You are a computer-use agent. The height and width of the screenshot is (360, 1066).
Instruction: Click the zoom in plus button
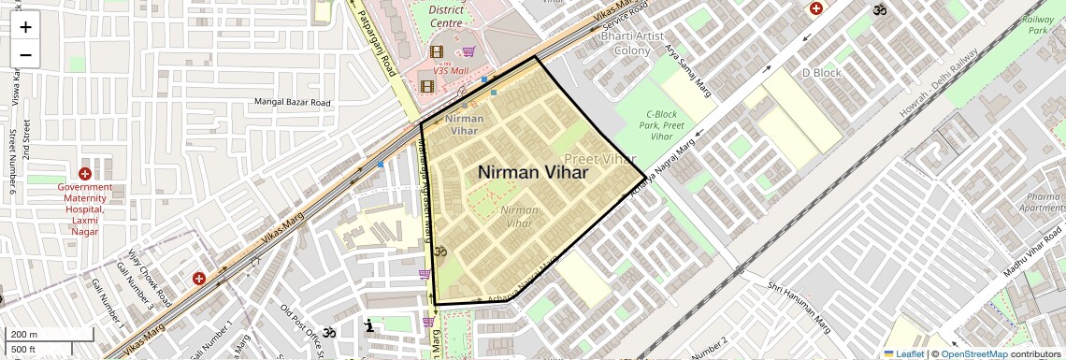[25, 27]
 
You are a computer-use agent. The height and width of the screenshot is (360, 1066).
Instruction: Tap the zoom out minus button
[25, 54]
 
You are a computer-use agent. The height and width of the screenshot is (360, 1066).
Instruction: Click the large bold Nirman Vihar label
[533, 172]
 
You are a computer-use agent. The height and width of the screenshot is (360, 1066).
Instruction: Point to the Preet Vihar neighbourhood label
[600, 159]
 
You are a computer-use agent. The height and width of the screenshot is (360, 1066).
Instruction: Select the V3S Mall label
[450, 70]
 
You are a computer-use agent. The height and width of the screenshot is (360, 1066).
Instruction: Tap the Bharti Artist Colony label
[639, 42]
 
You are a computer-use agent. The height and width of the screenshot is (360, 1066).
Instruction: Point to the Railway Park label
[1039, 24]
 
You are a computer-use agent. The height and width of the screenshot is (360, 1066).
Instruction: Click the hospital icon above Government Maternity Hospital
[85, 174]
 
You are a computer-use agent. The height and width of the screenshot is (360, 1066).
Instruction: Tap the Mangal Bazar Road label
[293, 102]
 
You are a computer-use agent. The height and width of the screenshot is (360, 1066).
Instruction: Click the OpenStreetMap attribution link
[973, 353]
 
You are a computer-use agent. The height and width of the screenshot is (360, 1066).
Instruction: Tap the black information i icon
[370, 325]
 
